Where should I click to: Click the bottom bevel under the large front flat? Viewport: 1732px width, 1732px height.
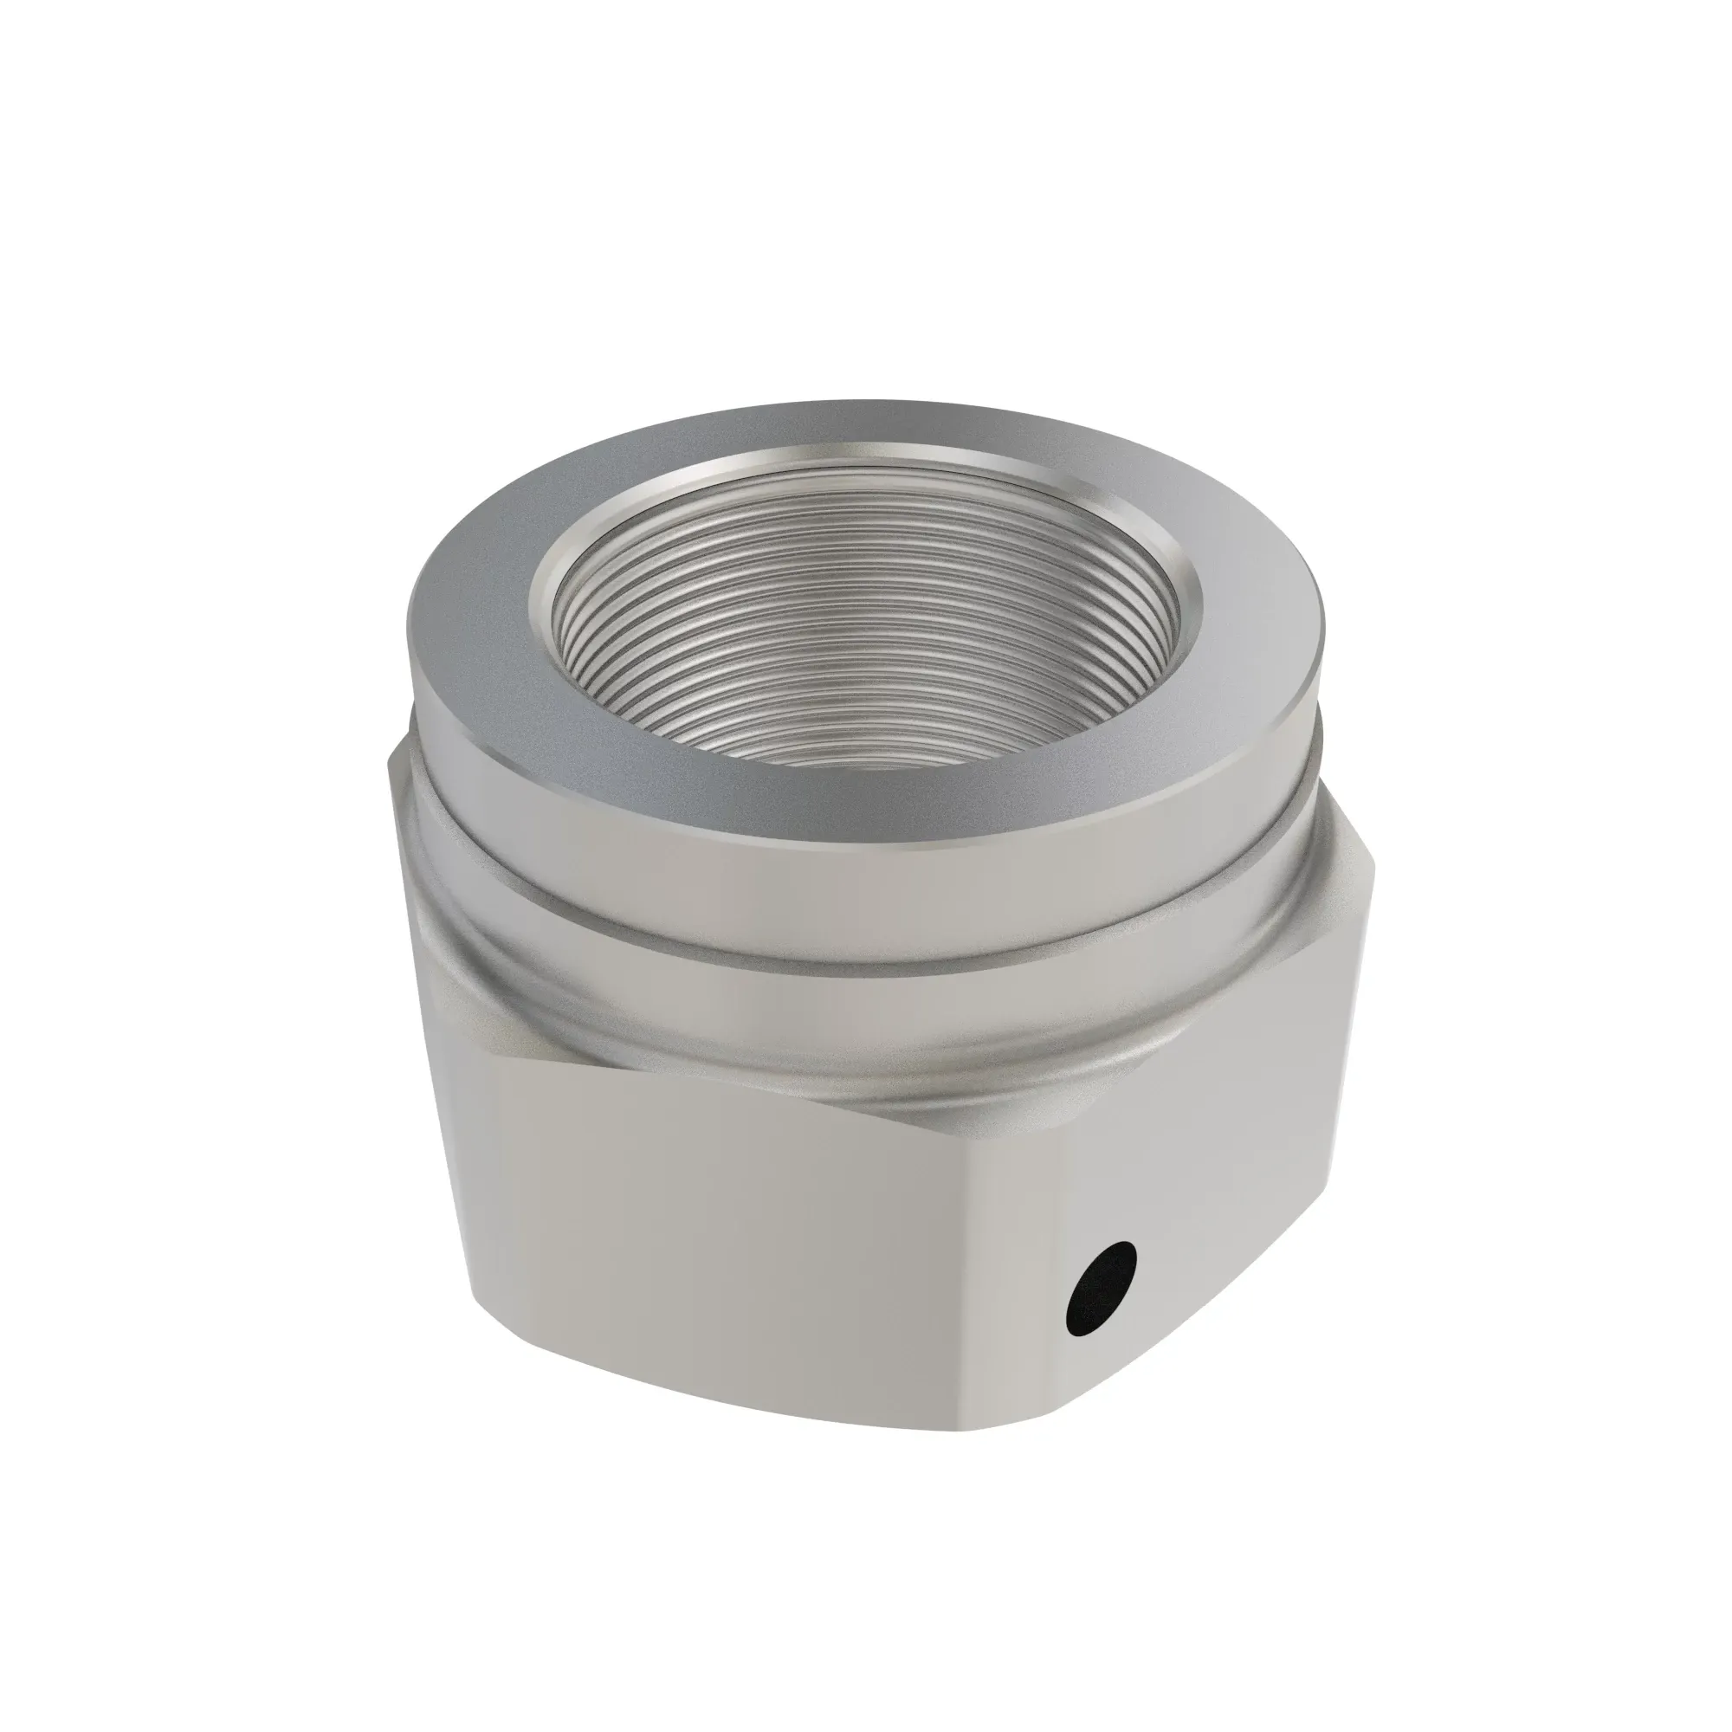pos(717,1425)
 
